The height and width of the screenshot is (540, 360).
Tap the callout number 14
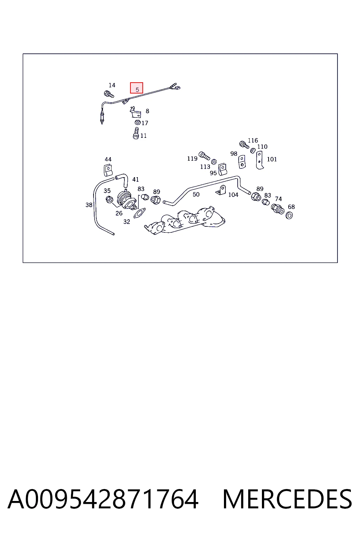pos(112,85)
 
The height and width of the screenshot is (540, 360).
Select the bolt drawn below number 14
pos(109,94)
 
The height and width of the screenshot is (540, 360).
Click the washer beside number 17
pos(137,122)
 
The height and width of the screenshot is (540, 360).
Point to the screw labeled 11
pos(136,133)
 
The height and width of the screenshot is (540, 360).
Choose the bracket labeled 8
pos(135,112)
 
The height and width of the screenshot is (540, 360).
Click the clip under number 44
pos(108,170)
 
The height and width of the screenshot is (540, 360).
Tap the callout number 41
pos(135,179)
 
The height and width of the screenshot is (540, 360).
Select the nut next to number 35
pos(109,200)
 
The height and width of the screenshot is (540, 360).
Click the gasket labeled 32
pos(140,213)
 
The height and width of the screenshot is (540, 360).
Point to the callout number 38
pos(89,205)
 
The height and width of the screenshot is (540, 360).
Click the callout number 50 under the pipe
pos(196,194)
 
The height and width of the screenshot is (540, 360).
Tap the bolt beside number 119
pos(204,156)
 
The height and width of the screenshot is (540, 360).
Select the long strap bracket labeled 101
pos(259,160)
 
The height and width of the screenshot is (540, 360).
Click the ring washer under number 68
pos(289,215)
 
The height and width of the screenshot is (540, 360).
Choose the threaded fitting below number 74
pos(277,209)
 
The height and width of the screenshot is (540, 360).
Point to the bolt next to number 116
pos(244,144)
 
